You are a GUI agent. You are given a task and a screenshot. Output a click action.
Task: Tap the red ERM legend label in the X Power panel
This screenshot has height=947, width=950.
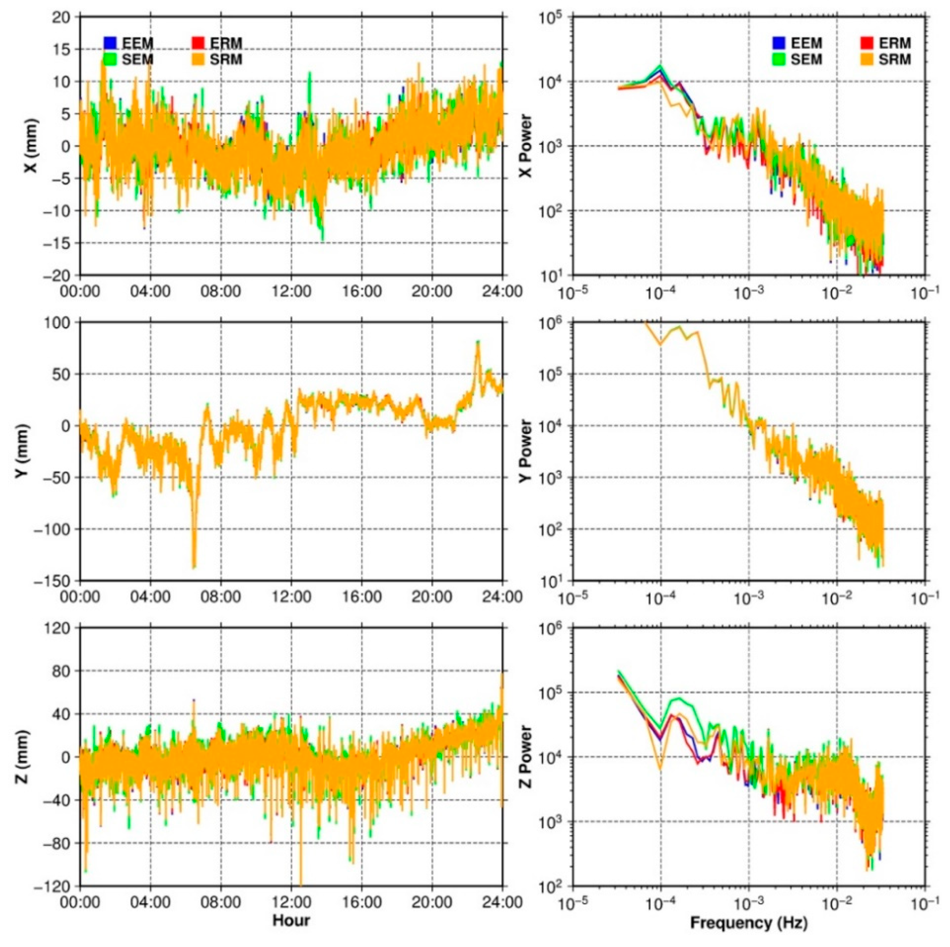(x=897, y=43)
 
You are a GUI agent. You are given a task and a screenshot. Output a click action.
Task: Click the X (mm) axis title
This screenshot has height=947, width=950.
(x=30, y=146)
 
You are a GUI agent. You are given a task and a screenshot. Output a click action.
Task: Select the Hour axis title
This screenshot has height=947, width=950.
(x=291, y=920)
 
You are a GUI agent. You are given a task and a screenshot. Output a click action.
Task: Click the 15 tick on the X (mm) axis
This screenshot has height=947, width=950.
(x=62, y=49)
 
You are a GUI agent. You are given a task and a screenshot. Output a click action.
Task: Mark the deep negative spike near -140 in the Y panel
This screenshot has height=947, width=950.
(x=194, y=567)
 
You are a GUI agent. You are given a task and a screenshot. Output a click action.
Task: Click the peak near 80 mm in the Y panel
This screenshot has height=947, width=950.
(x=477, y=342)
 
